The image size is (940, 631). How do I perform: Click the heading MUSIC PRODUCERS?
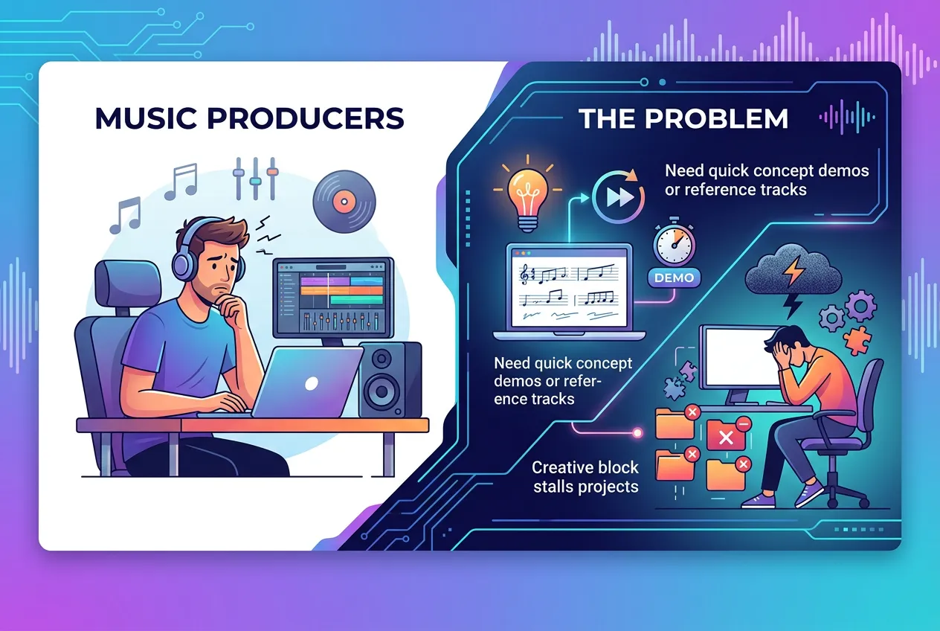pos(250,120)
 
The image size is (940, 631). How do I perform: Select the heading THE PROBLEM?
pos(683,118)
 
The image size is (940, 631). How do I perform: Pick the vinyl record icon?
pos(341,199)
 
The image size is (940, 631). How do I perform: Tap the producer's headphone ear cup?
pos(184,263)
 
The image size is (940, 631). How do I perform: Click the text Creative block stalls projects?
pos(585,477)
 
